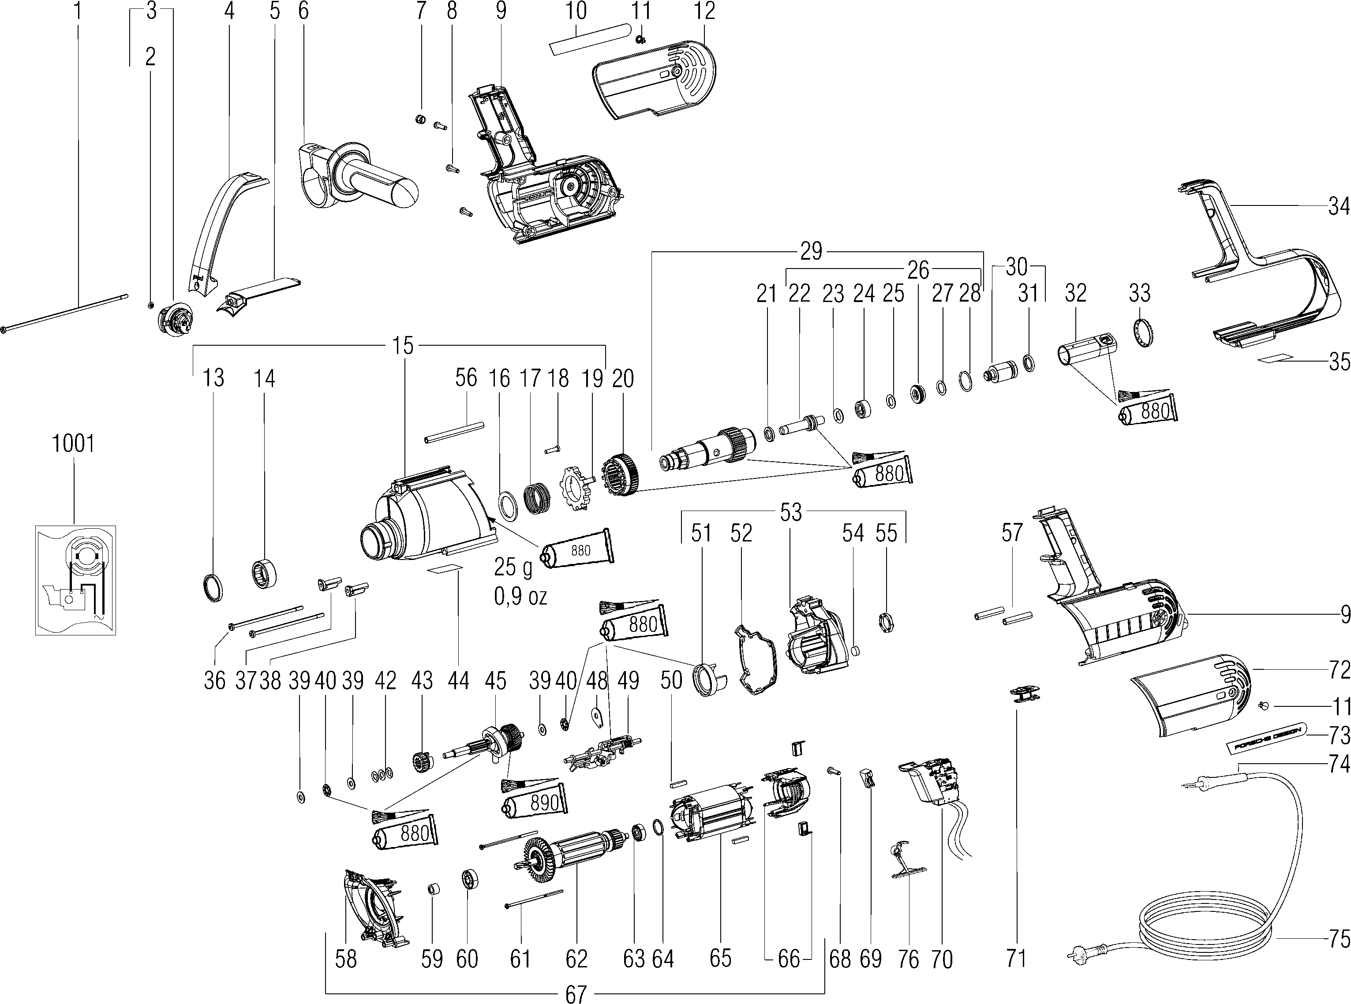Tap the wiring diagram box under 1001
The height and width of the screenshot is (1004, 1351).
click(x=75, y=580)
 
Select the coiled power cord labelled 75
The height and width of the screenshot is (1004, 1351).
click(x=1210, y=930)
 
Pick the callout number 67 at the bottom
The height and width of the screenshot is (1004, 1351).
click(x=575, y=995)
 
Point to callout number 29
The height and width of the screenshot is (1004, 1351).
click(x=811, y=250)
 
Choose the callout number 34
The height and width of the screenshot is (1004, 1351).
click(x=1339, y=207)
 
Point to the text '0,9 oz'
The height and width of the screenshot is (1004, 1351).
click(x=520, y=597)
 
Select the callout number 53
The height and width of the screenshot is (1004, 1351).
click(x=790, y=512)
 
